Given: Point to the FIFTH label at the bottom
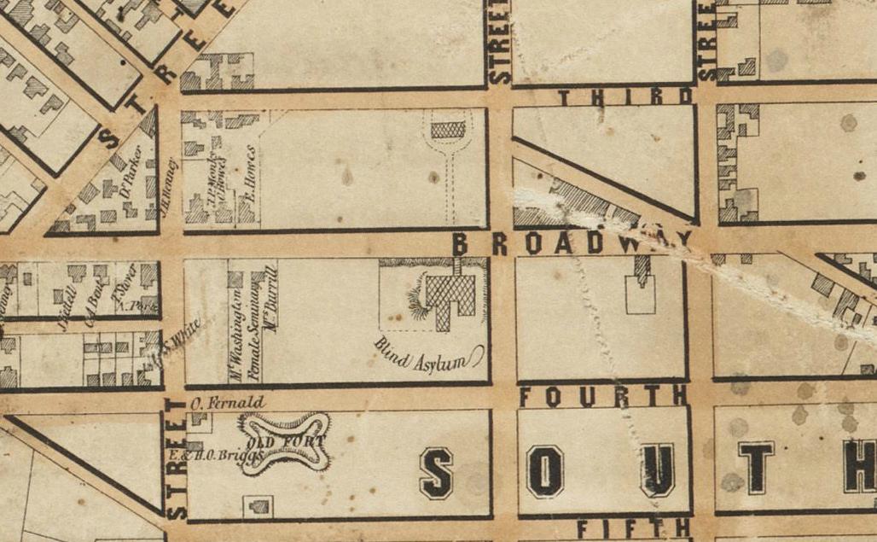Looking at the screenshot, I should click(632, 528).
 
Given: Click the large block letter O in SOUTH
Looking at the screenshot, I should click(545, 470).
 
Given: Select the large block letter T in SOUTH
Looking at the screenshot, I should click(756, 467).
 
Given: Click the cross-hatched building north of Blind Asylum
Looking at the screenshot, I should click(449, 131).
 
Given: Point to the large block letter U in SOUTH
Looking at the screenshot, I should click(657, 469).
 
